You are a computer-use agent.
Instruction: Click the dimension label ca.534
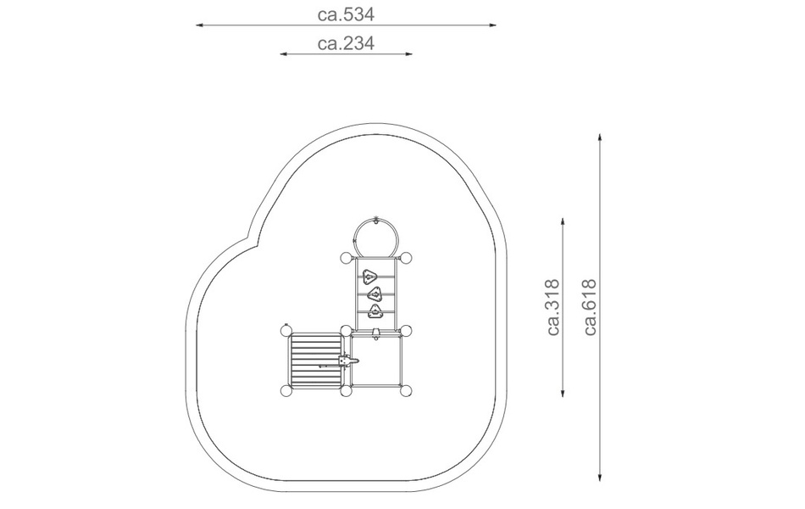[346, 14]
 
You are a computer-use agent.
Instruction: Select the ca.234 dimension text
[346, 43]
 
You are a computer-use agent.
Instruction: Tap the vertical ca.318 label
[553, 307]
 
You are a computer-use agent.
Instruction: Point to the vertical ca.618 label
[591, 307]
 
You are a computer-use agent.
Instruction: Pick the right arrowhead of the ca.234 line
[408, 53]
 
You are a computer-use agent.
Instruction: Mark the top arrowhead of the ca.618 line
[600, 137]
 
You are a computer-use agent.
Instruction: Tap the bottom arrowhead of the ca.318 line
[563, 394]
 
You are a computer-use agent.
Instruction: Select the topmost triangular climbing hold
[368, 277]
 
